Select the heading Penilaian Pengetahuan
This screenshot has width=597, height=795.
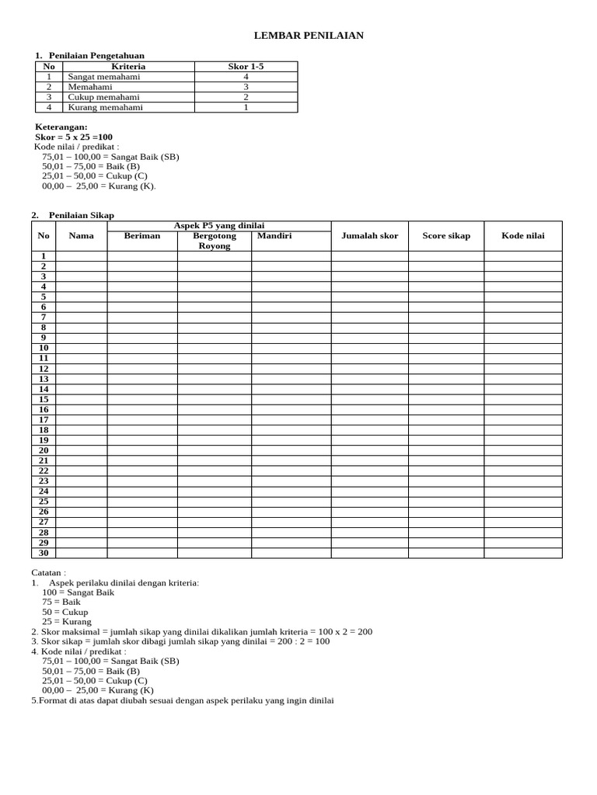click(96, 55)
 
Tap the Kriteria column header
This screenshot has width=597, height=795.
click(128, 67)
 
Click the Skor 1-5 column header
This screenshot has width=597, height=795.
click(246, 67)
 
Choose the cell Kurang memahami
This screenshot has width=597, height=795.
click(106, 107)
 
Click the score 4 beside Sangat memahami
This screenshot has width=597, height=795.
click(246, 77)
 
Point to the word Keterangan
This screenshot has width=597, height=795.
click(61, 127)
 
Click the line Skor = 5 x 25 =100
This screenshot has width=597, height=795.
click(74, 137)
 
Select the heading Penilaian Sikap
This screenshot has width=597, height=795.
click(81, 215)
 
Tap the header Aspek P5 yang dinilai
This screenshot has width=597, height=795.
click(219, 225)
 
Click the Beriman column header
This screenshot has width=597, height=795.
click(142, 235)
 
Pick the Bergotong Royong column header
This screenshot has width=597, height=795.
click(215, 241)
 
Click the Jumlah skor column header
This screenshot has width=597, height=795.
click(369, 236)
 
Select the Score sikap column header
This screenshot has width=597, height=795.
click(446, 236)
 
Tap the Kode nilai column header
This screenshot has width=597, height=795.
click(523, 236)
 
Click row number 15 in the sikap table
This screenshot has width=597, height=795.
click(44, 399)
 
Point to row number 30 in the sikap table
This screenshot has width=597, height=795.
click(44, 553)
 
